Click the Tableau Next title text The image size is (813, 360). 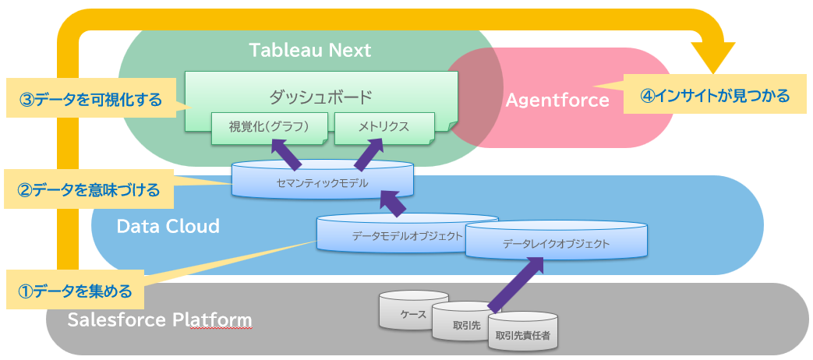pos(309,51)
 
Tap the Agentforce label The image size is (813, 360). pos(557,100)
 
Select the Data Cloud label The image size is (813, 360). pos(168,227)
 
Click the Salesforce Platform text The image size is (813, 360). pos(160,320)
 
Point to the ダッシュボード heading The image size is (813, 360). pos(320,97)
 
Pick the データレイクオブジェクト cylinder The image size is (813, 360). pos(556,244)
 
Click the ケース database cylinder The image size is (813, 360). pos(413,311)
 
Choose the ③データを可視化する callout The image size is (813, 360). pos(91,100)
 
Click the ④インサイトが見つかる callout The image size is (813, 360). pos(715,96)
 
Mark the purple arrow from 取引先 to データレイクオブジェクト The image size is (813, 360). pos(516,283)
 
